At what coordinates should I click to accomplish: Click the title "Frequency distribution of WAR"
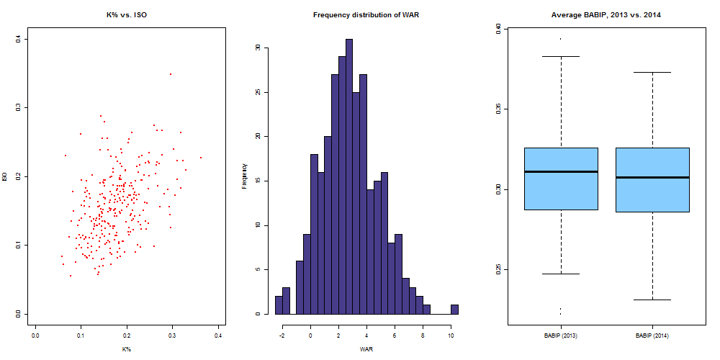point(366,14)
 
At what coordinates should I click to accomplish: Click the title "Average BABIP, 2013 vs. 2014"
point(606,14)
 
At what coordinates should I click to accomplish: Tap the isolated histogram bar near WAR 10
point(454,310)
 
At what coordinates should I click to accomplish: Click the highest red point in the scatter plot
point(171,74)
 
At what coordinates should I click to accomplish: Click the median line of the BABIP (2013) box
point(561,171)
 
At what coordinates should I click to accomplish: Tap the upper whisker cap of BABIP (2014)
point(652,72)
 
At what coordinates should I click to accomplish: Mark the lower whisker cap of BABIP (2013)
point(561,274)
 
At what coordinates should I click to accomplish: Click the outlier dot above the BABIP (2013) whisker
point(561,38)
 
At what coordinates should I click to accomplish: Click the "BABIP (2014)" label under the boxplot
point(652,336)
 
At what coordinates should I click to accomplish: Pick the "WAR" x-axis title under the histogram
point(366,349)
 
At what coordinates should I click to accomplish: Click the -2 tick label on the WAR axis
point(282,335)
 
